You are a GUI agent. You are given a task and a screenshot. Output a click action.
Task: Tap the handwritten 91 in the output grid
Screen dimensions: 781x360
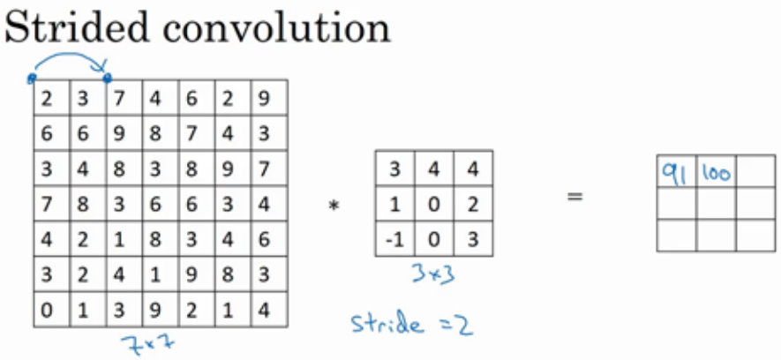(x=676, y=172)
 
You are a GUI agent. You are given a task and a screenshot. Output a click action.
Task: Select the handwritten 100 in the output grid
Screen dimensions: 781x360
(x=716, y=173)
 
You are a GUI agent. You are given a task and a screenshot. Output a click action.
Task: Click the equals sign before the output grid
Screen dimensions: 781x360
(x=574, y=196)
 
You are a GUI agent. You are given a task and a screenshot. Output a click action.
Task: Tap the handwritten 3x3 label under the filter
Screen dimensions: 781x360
(x=432, y=275)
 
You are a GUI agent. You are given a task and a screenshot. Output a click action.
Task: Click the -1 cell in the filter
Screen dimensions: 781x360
(x=394, y=237)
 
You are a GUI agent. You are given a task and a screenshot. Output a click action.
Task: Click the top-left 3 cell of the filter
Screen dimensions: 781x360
(x=394, y=168)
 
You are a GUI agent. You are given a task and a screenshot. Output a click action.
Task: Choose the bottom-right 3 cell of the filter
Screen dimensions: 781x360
(x=472, y=237)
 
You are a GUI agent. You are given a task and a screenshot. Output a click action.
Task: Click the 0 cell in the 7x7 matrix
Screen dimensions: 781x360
(x=49, y=311)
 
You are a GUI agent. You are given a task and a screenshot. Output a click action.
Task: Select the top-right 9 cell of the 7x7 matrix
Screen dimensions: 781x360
(x=268, y=98)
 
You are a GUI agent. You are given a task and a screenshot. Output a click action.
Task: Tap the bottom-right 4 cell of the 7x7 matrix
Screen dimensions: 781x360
(x=268, y=311)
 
